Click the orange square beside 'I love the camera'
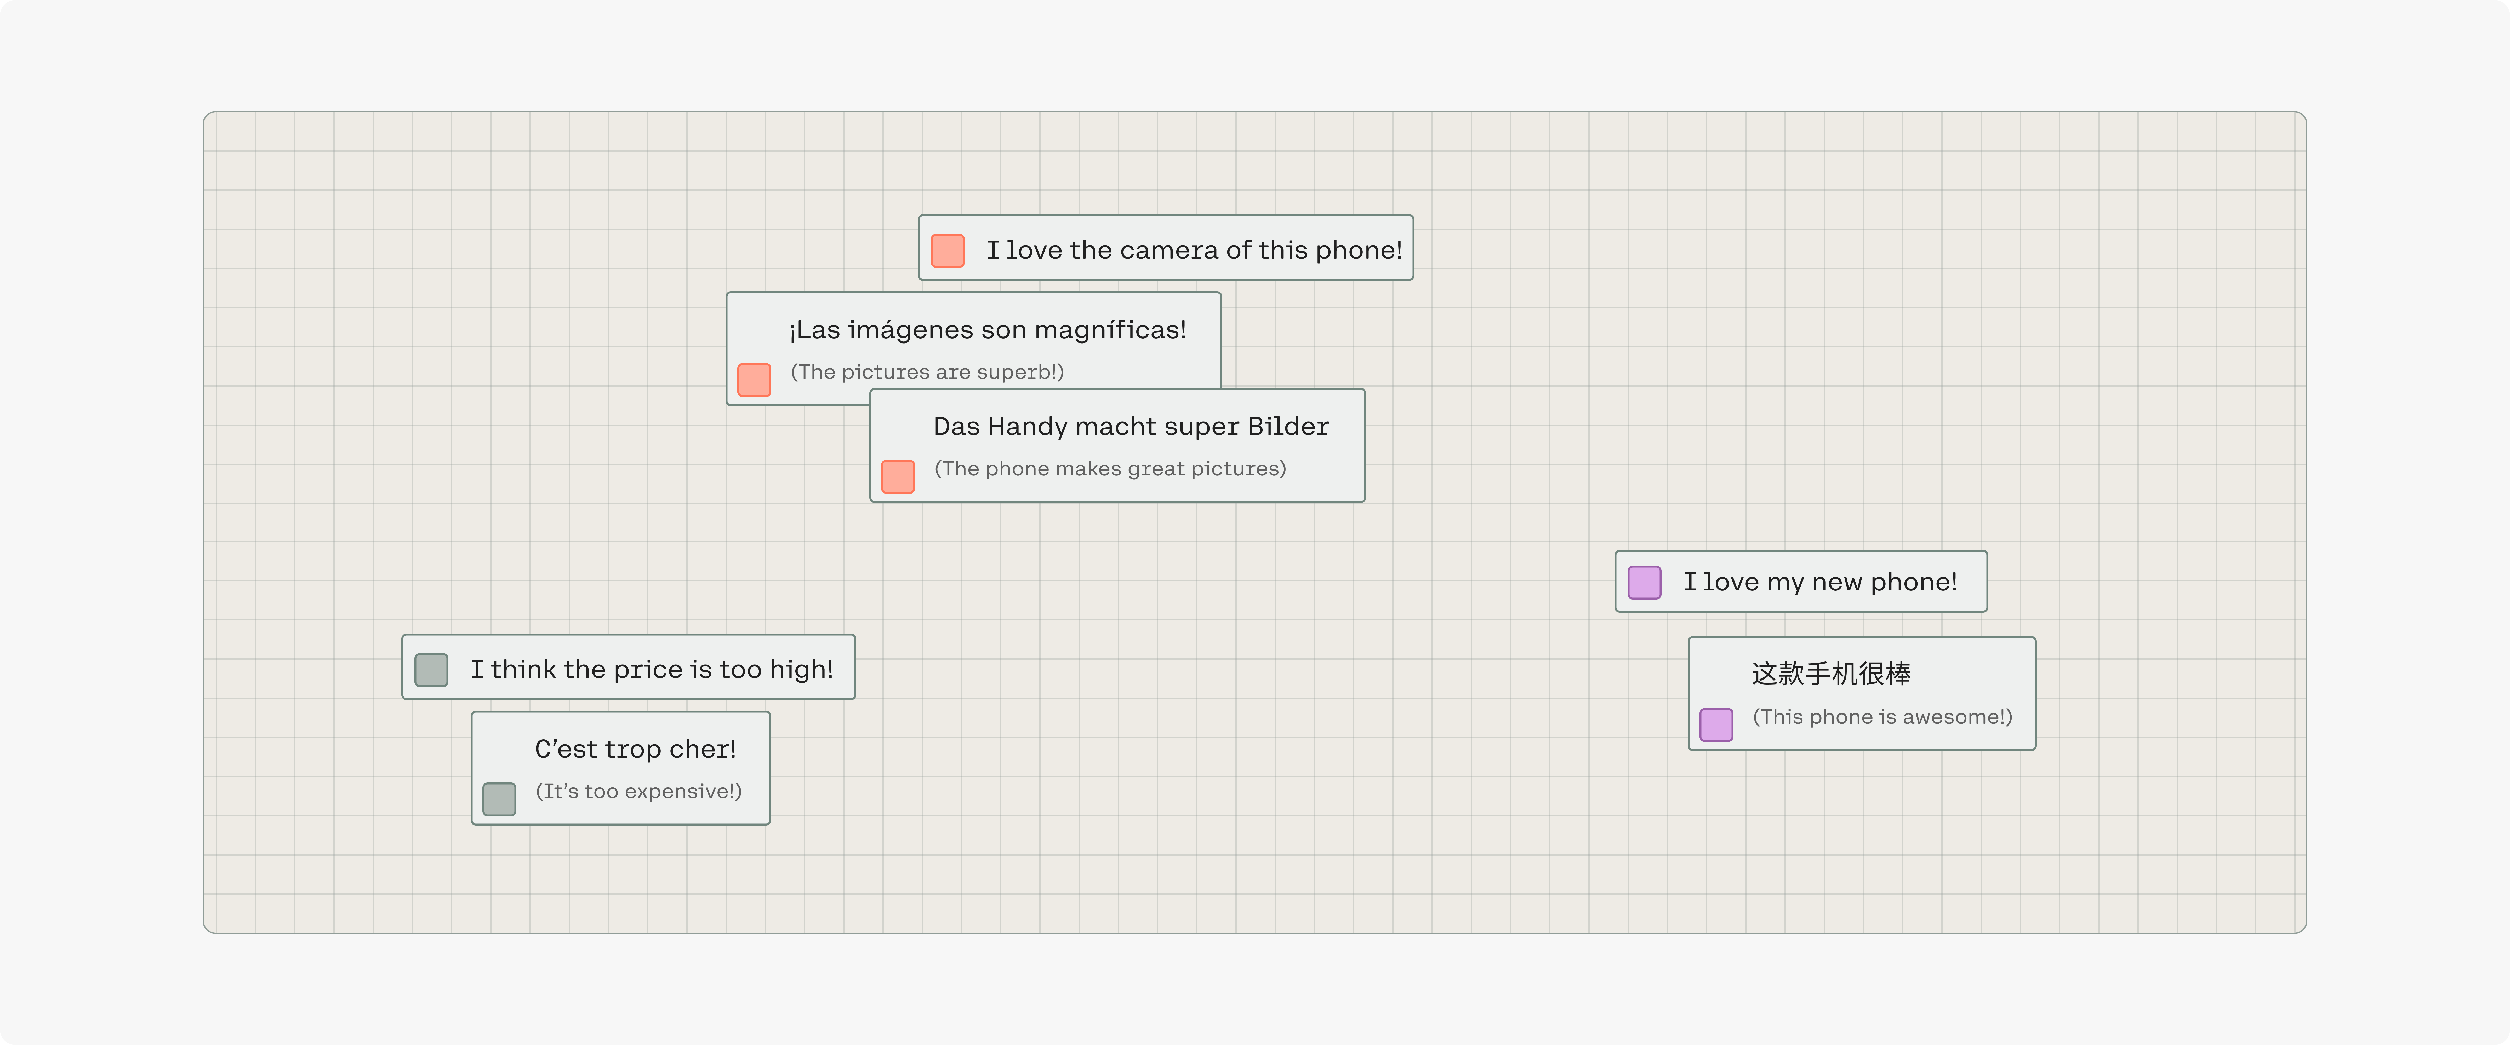(x=947, y=250)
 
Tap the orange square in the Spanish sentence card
(x=754, y=380)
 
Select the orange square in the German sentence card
(x=897, y=476)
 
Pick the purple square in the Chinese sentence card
(x=1716, y=725)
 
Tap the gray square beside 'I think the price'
(x=431, y=670)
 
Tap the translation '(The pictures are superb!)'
(x=927, y=372)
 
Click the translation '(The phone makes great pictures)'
(x=1110, y=468)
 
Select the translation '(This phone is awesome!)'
(x=1881, y=717)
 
